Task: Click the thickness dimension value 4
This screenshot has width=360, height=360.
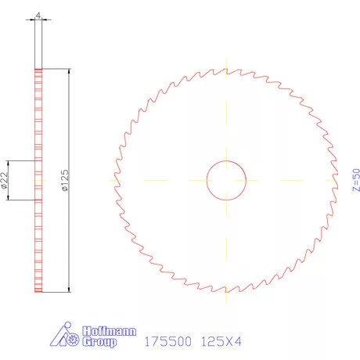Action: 37,13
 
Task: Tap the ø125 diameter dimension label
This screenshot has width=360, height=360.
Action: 64,181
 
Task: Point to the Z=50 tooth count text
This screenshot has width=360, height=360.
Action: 355,180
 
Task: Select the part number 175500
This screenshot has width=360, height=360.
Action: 168,342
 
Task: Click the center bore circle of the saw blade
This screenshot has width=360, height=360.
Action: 225,179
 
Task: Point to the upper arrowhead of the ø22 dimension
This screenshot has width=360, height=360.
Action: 9,163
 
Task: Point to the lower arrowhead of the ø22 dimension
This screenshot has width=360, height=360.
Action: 9,198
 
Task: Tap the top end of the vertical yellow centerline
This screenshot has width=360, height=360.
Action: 225,57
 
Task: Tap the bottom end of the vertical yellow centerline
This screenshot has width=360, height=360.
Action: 225,303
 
